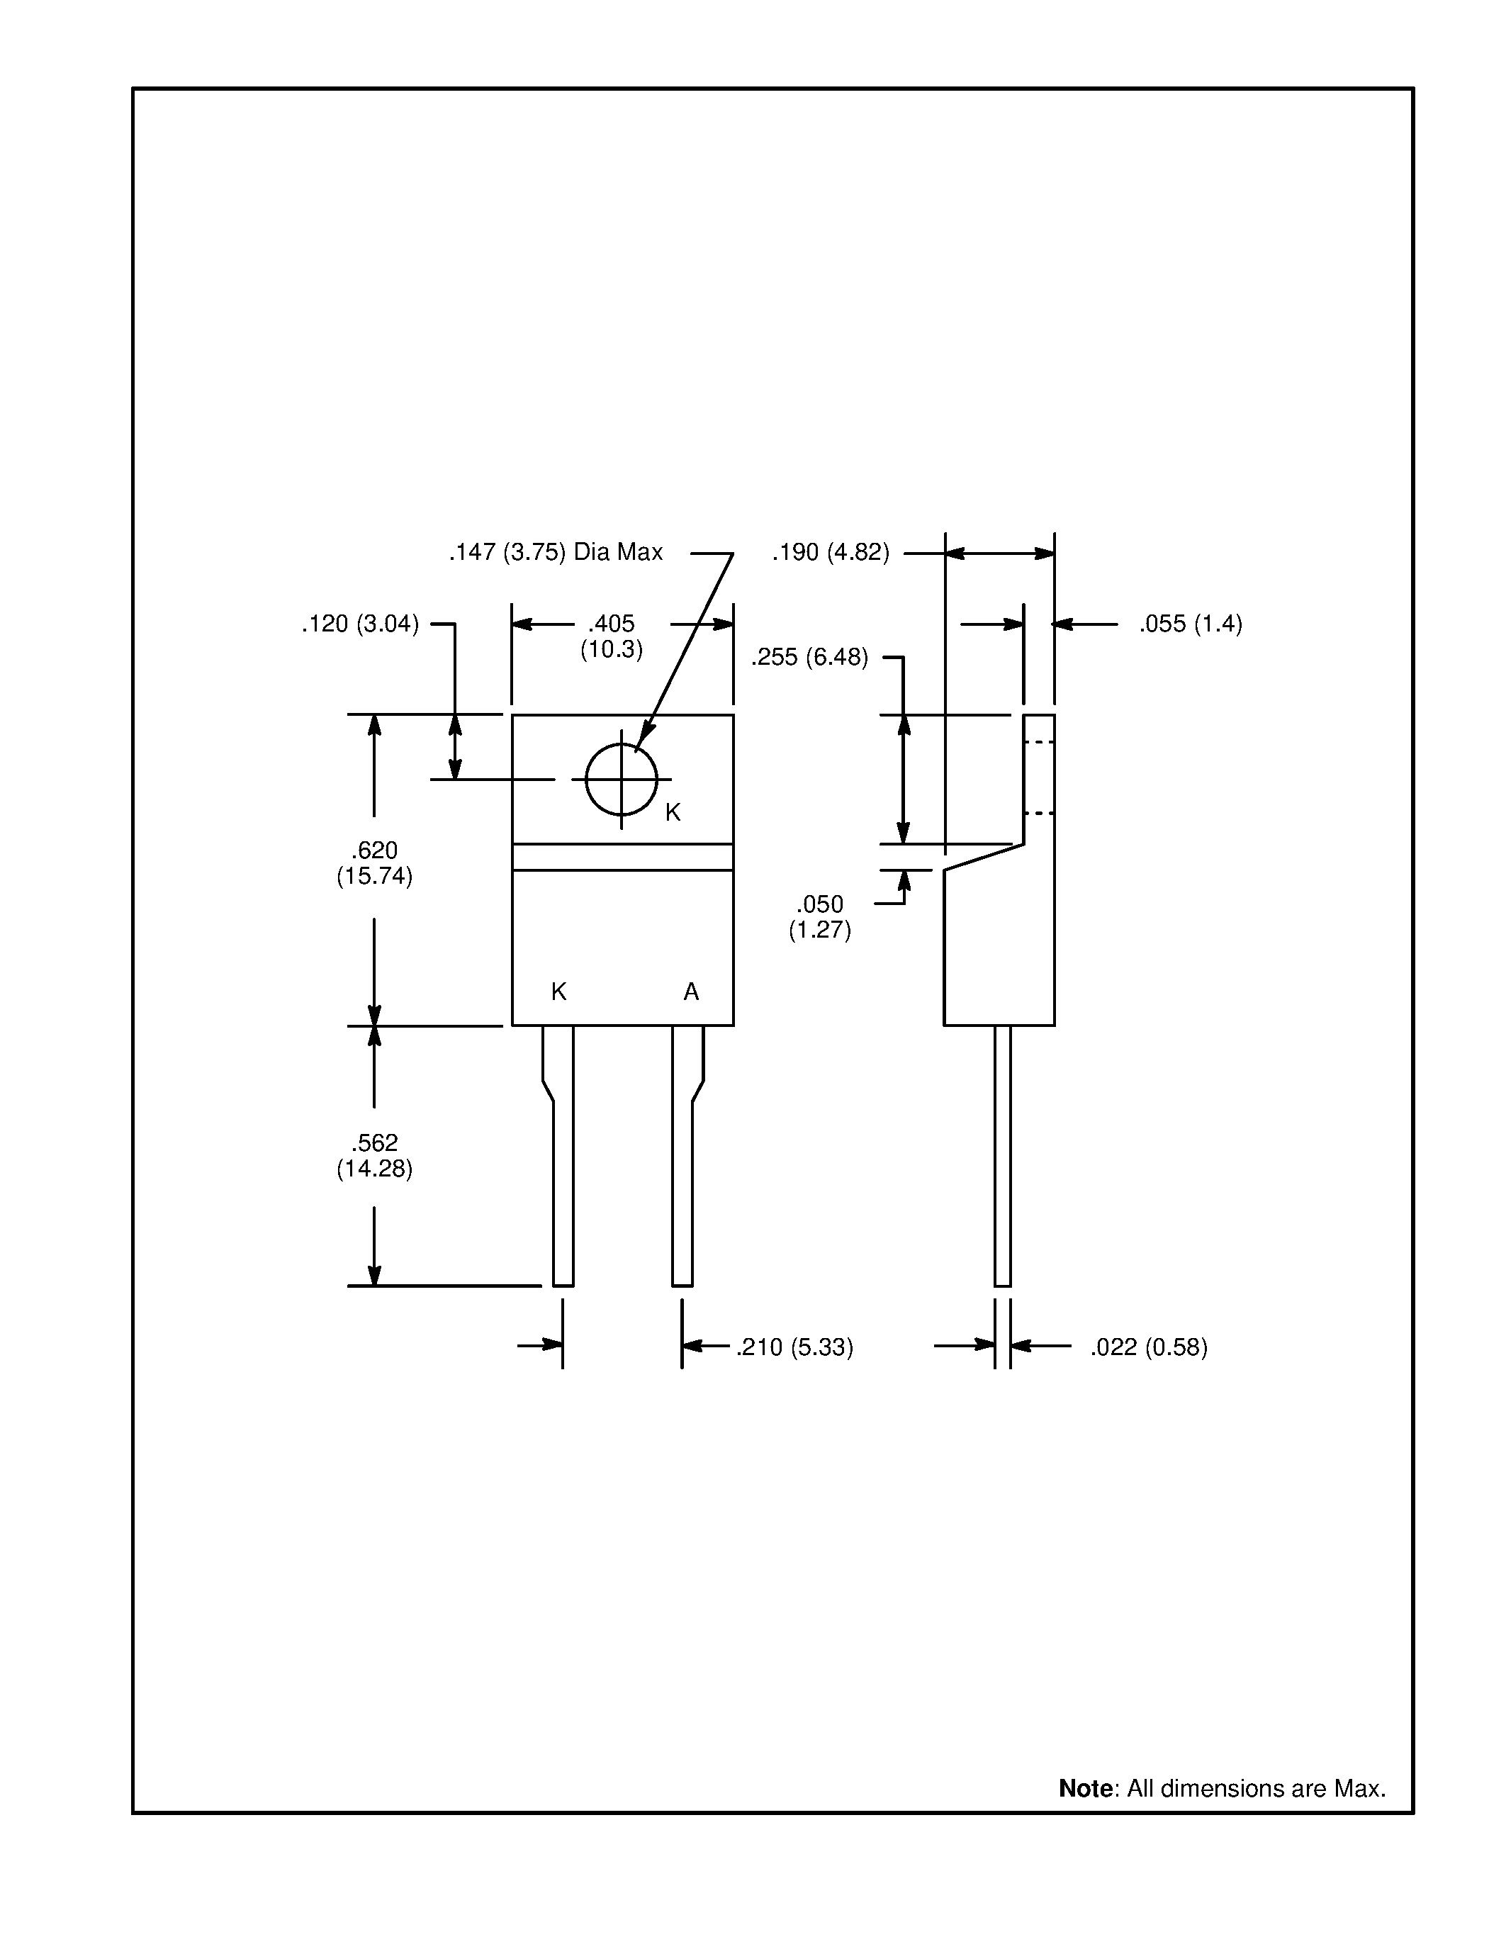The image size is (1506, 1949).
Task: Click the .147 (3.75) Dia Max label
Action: pyautogui.click(x=555, y=552)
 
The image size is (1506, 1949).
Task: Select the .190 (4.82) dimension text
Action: pyautogui.click(x=830, y=552)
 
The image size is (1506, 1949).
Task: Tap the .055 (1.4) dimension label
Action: pyautogui.click(x=1189, y=624)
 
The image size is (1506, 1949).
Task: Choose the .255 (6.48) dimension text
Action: pyautogui.click(x=809, y=658)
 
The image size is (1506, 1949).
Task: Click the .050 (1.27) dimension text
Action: pyautogui.click(x=819, y=916)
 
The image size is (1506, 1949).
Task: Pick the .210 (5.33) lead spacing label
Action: pyautogui.click(x=794, y=1347)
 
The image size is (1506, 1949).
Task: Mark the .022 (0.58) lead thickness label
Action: pyautogui.click(x=1148, y=1347)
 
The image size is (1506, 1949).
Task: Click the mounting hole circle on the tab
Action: pyautogui.click(x=622, y=779)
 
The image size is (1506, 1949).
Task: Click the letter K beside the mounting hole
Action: pyautogui.click(x=673, y=812)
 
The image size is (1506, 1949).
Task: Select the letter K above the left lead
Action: pyautogui.click(x=558, y=992)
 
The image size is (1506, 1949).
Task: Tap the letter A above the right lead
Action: pyautogui.click(x=690, y=992)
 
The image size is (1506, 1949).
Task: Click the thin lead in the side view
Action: pyautogui.click(x=1002, y=1160)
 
